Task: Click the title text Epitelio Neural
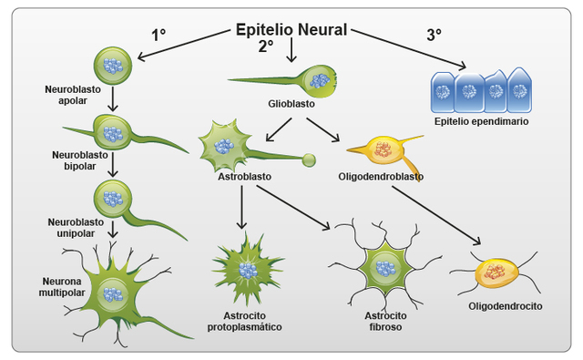coord(291,29)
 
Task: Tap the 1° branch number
coord(159,36)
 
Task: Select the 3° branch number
coord(434,36)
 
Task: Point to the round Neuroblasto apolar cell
coord(113,67)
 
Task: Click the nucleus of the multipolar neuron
coord(114,293)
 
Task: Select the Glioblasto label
coord(291,104)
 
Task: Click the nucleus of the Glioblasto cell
coord(319,80)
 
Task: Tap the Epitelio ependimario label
coord(482,120)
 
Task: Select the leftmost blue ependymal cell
coord(444,91)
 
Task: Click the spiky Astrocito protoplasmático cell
coord(247,270)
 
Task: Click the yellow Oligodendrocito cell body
coord(496,273)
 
